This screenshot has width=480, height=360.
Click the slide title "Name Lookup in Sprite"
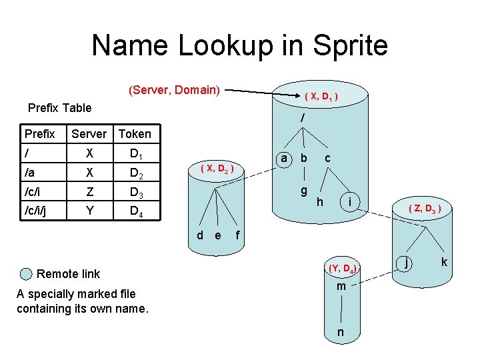click(x=239, y=46)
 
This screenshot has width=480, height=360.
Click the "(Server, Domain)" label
click(x=174, y=90)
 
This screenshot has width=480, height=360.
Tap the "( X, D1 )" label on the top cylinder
click(x=320, y=97)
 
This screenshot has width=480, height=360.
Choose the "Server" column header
click(x=89, y=134)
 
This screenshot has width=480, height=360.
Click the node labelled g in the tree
click(x=303, y=191)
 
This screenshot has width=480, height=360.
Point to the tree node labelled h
click(x=320, y=201)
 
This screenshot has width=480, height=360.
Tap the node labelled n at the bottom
click(x=341, y=332)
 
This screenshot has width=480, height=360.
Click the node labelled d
click(x=200, y=235)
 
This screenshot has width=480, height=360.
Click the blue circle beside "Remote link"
click(x=26, y=274)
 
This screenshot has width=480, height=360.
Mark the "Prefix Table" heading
click(x=59, y=107)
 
